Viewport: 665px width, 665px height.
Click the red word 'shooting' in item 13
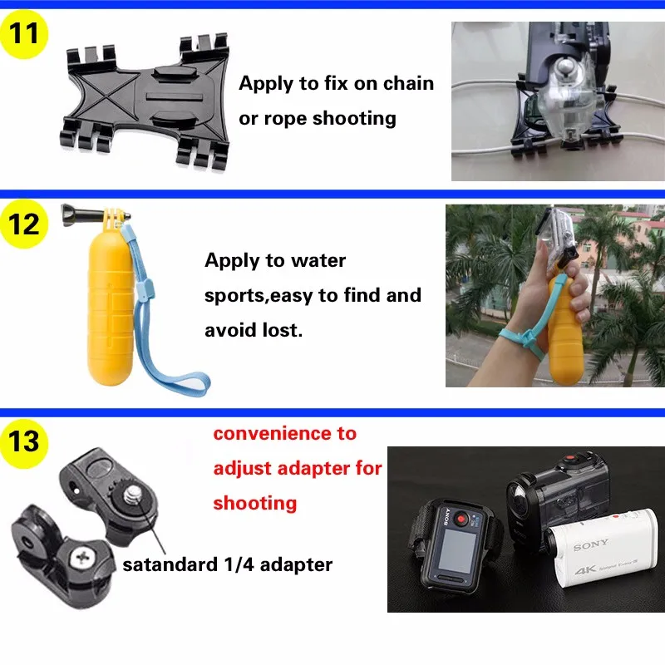[x=254, y=503]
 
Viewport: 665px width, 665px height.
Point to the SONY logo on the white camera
[x=590, y=545]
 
